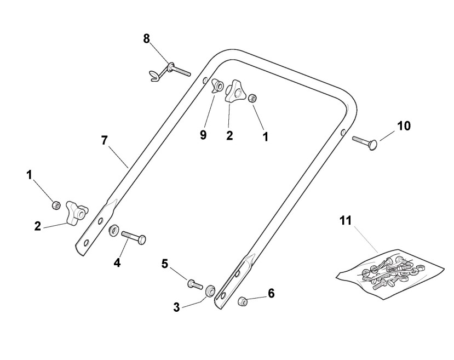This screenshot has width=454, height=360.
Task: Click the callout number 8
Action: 146,39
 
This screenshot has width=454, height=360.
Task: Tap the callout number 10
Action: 403,125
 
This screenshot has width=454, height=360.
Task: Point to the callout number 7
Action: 105,140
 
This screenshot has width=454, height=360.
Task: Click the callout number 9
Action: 203,135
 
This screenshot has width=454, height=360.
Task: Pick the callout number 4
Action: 117,262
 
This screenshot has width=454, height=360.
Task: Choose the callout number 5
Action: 165,264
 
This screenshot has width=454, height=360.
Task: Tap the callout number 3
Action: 176,307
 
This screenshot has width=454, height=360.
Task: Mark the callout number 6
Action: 271,293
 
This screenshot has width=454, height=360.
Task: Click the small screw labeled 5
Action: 194,283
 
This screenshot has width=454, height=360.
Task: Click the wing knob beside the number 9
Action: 235,92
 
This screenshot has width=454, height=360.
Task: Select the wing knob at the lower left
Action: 74,212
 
